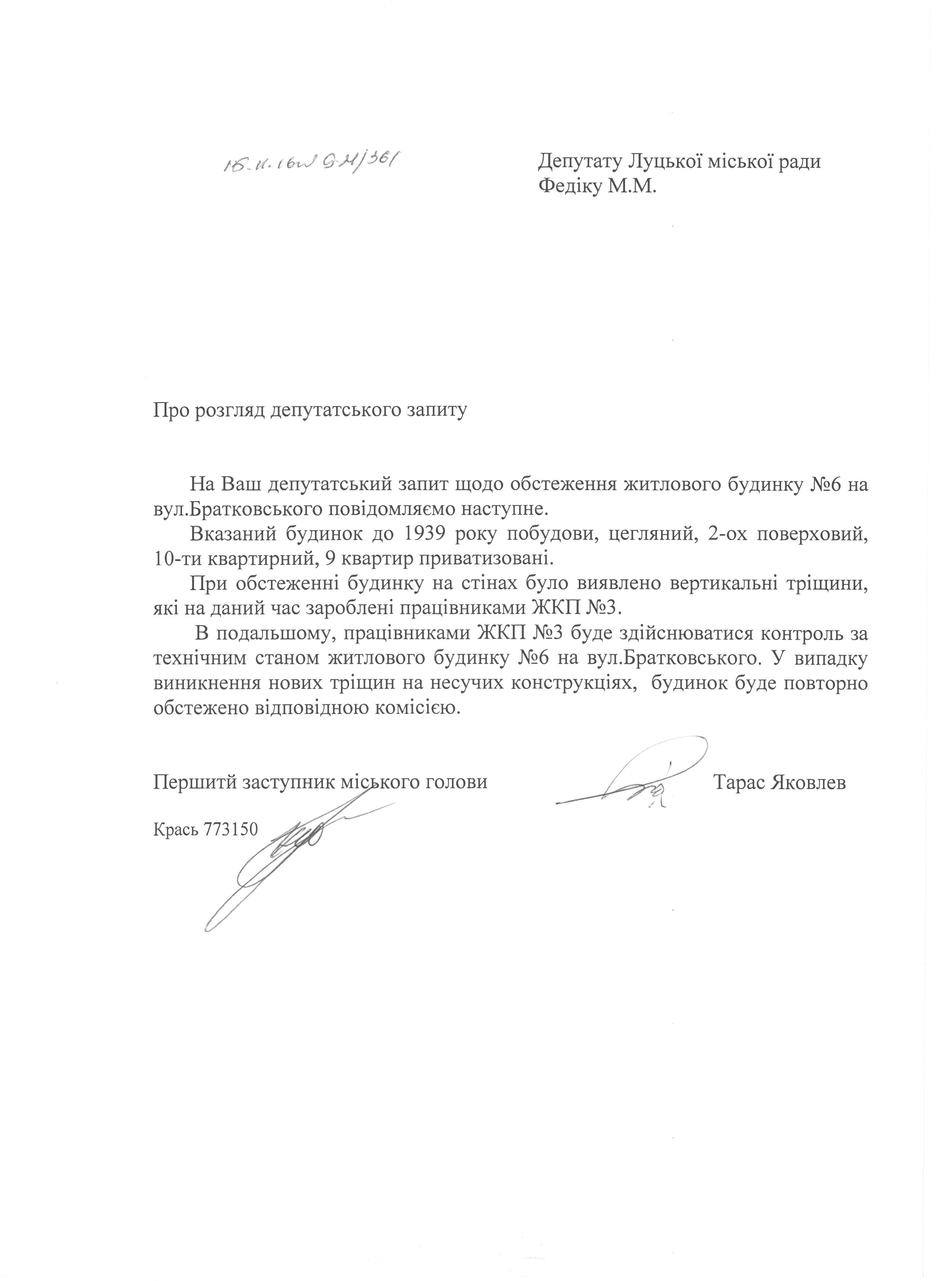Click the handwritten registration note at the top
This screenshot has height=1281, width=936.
(x=309, y=164)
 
